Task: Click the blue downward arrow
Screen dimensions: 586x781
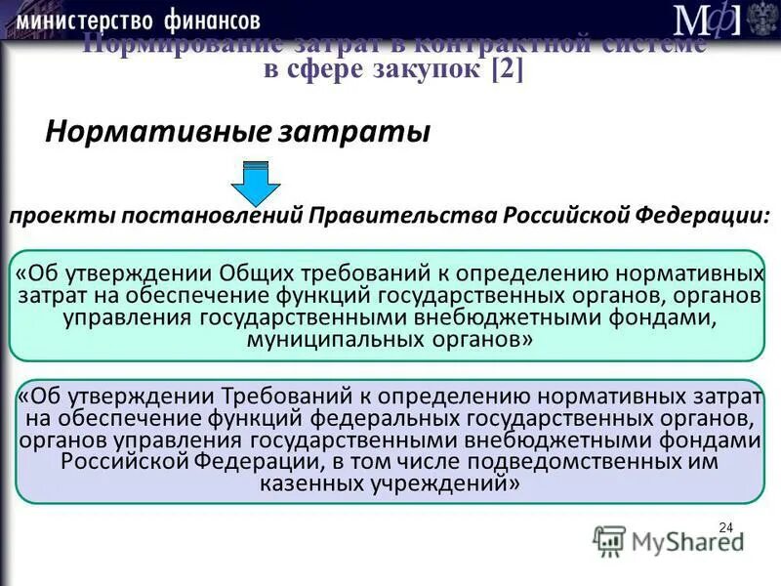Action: pyautogui.click(x=256, y=182)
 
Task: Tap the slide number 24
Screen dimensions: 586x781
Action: pyautogui.click(x=725, y=528)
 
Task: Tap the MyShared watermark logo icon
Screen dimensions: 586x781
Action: pyautogui.click(x=609, y=539)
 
